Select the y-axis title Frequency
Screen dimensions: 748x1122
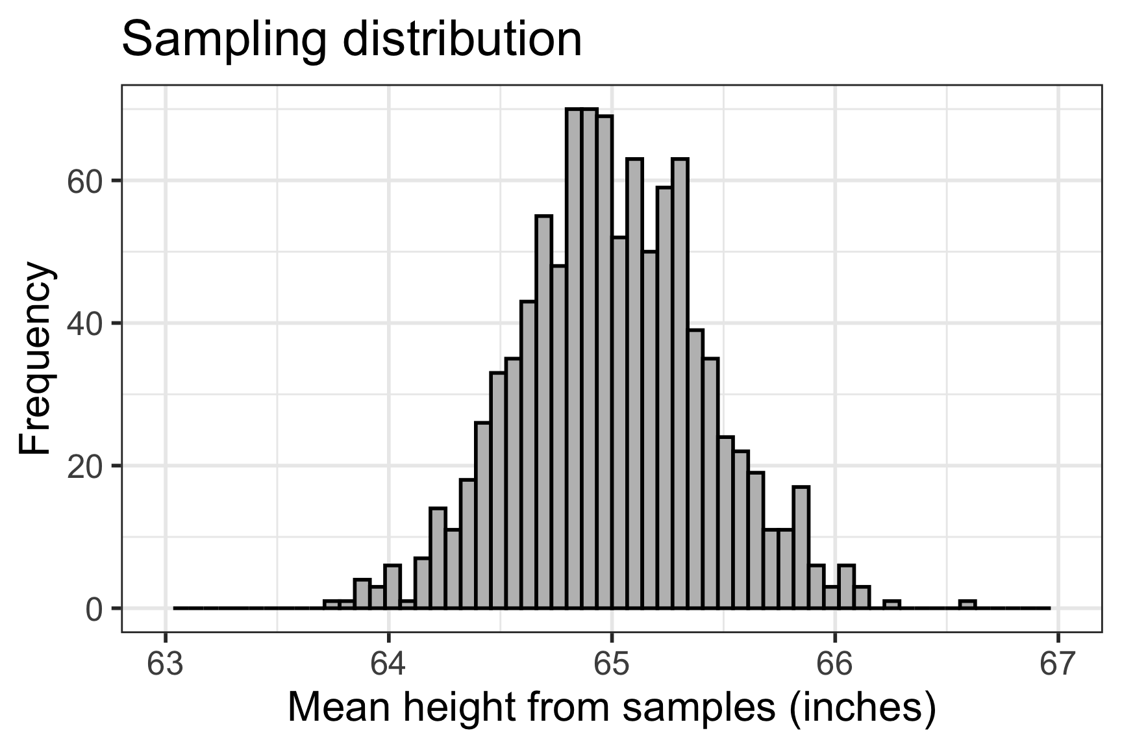click(x=34, y=358)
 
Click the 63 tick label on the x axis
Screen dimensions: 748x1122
click(x=166, y=665)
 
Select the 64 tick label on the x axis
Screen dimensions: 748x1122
click(x=388, y=665)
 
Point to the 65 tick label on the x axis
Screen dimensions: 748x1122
click(x=612, y=665)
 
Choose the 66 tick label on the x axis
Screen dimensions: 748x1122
click(x=835, y=665)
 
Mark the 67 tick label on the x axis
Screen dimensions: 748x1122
click(x=1058, y=665)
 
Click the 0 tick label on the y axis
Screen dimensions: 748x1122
click(x=94, y=609)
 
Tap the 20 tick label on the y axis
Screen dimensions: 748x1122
click(x=86, y=466)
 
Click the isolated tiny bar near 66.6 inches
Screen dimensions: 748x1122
click(x=967, y=605)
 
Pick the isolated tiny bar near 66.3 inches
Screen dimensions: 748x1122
click(x=891, y=605)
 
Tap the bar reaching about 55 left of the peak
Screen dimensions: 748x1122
click(x=543, y=412)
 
